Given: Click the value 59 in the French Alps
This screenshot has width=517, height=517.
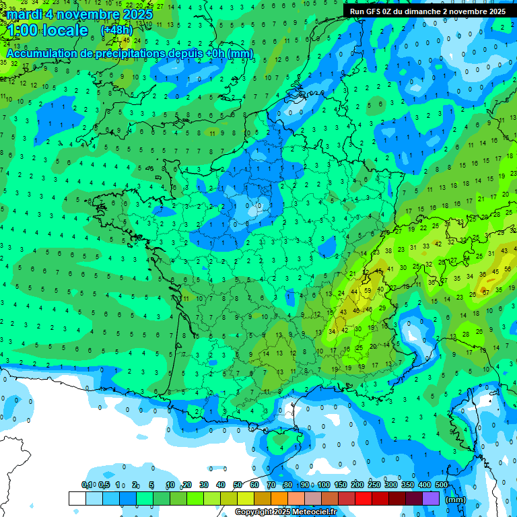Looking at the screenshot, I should click(367, 291).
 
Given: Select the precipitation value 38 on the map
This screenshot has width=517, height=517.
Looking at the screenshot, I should click(388, 250).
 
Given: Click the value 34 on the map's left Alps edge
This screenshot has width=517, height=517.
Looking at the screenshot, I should click(332, 331).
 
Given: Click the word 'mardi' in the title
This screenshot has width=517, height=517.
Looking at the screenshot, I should click(26, 14).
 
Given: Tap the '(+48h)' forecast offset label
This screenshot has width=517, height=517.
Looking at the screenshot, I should click(116, 30).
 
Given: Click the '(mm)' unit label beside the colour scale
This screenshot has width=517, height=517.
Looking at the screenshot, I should click(456, 499).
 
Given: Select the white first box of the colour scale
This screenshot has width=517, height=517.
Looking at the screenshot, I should click(77, 499).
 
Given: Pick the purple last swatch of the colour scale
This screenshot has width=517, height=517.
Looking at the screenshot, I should click(431, 499).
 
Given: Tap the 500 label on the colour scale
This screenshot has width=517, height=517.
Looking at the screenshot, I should click(442, 485).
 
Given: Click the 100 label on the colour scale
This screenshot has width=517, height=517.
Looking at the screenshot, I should click(324, 485).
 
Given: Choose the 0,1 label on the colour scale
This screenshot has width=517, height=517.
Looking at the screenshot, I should click(87, 485).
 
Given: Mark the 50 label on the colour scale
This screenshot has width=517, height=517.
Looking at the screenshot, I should click(238, 485).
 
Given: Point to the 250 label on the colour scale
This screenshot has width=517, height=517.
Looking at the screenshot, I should click(374, 485).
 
